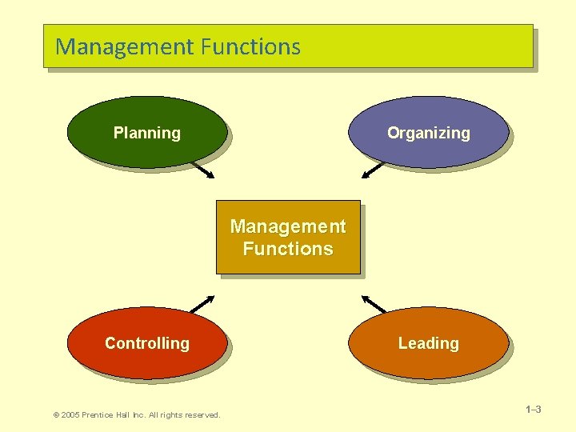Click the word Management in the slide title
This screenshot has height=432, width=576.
(x=124, y=47)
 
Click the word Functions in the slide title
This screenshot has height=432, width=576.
(x=250, y=46)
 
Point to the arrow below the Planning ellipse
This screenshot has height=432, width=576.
(x=202, y=170)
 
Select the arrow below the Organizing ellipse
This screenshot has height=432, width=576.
(x=374, y=170)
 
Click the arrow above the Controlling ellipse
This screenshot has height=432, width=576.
(x=202, y=304)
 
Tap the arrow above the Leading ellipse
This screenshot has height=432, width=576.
(x=374, y=304)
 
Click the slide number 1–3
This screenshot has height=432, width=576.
(x=533, y=410)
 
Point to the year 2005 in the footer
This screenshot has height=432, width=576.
(x=70, y=414)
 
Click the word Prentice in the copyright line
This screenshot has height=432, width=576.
(x=101, y=414)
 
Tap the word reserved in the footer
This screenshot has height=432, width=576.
(x=201, y=414)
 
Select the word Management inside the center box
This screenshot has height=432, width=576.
(x=288, y=226)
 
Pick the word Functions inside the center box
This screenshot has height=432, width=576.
(x=288, y=249)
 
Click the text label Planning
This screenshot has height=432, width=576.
(x=146, y=133)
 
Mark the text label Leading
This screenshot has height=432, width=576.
(x=428, y=343)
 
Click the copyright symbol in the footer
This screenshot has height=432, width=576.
(x=55, y=414)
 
